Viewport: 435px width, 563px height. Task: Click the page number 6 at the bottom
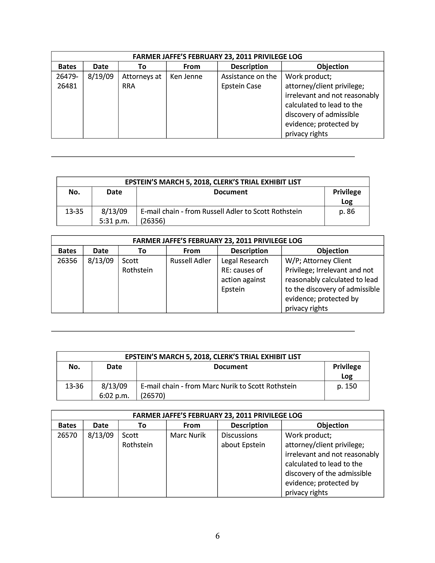[x=217, y=536]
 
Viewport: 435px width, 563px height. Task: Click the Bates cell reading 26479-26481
[x=67, y=81]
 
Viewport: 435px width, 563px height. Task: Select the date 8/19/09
[x=100, y=77]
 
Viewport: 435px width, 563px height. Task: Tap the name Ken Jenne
[x=186, y=77]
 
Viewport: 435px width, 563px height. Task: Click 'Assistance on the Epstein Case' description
[x=249, y=81]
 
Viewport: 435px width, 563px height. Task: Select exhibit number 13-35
[x=74, y=211]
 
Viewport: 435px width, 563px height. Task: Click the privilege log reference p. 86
[x=347, y=211]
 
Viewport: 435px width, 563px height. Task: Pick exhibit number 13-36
[x=74, y=386]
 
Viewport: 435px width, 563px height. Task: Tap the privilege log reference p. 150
[x=347, y=386]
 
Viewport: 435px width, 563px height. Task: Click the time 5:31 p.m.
[x=114, y=221]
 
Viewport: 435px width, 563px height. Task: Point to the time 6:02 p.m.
[x=114, y=395]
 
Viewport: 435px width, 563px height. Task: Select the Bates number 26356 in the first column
[x=67, y=261]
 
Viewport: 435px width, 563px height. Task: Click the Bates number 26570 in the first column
[x=67, y=435]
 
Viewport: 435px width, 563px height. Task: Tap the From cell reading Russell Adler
[x=190, y=261]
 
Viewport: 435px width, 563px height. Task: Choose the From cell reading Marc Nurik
[x=188, y=435]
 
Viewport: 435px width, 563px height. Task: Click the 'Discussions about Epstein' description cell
[x=243, y=440]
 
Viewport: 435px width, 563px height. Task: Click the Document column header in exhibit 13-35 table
[x=230, y=192]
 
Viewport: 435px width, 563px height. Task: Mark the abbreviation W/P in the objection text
[x=292, y=261]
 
